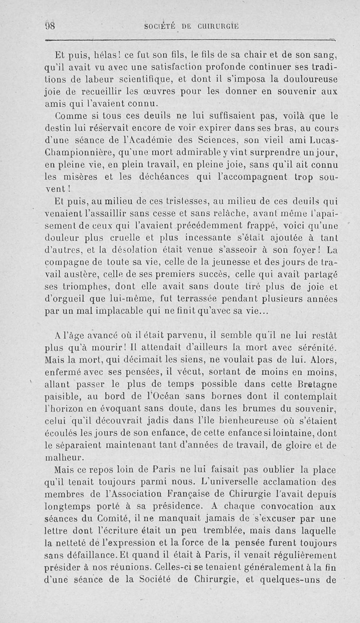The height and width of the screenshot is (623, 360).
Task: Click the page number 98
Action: pos(49,26)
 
